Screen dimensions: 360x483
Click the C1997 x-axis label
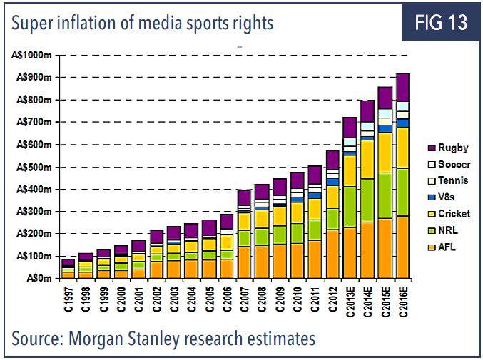68,299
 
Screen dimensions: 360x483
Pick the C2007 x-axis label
244,299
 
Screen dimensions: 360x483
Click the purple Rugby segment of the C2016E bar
402,87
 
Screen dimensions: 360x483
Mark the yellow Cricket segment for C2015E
385,153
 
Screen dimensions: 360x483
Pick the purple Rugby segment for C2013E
350,128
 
